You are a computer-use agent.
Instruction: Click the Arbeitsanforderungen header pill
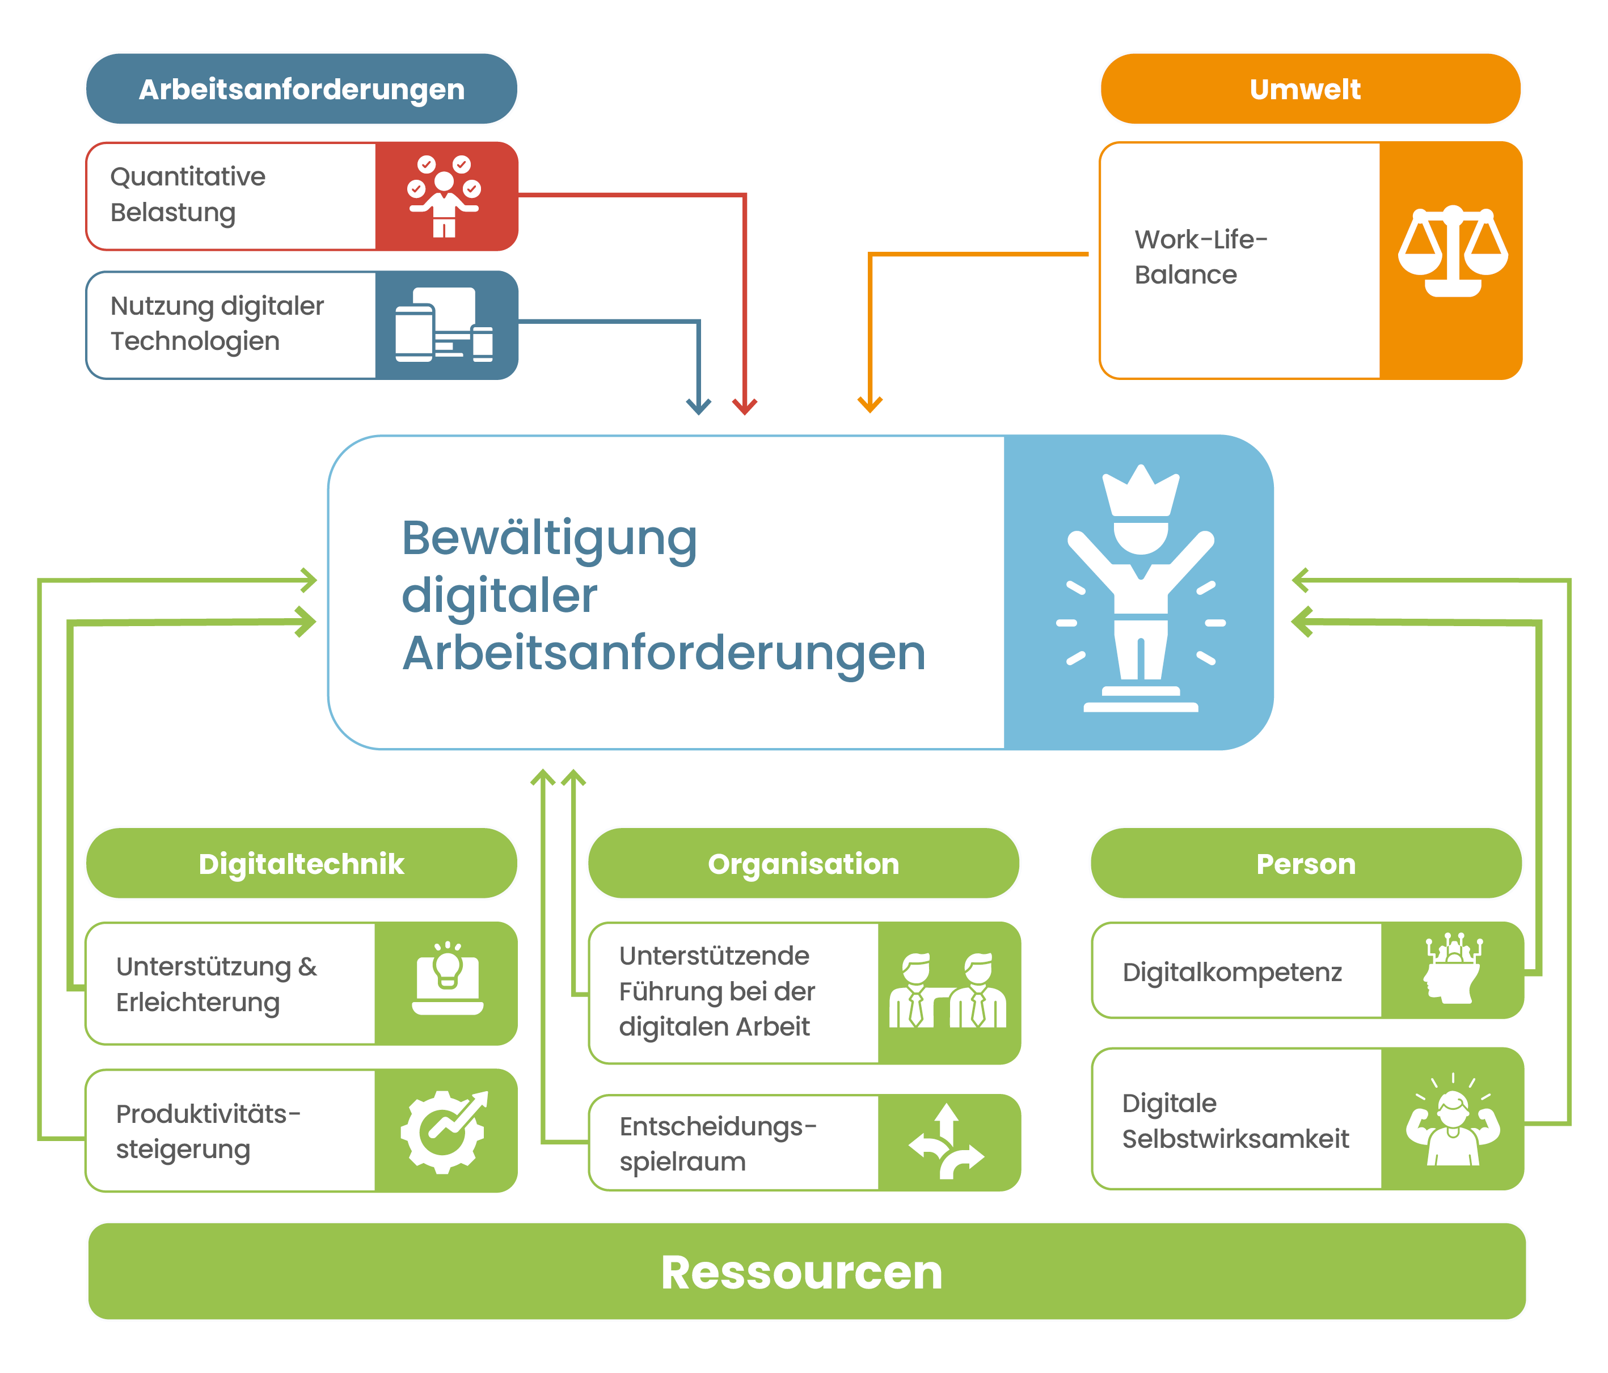301,88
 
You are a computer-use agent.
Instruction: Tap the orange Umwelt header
1309,88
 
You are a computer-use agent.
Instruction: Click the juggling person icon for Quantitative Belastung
444,196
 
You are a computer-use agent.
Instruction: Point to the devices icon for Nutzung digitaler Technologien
444,324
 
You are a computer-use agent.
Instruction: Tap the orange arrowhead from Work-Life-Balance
870,404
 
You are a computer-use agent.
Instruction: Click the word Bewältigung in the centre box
548,538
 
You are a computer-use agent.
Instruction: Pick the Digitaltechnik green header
301,863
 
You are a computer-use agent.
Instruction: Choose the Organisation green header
803,863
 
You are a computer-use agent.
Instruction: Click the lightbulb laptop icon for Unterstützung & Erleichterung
448,979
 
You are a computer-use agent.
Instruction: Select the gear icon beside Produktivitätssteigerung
444,1131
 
